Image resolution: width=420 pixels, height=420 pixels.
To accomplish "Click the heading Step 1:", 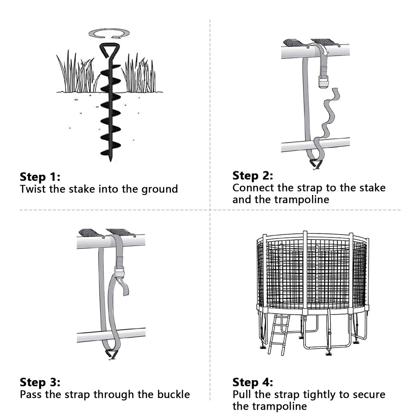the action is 40,177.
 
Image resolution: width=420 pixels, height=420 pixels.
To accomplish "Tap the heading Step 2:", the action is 253,176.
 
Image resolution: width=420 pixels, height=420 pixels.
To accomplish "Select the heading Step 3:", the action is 40,383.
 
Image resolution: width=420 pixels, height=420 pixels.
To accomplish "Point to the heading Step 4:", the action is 253,383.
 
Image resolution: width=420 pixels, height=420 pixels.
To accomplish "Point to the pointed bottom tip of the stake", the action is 111,161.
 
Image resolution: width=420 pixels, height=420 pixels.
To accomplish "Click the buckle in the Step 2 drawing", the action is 323,82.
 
